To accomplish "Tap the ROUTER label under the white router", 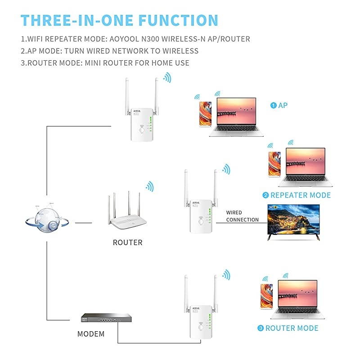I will pos(127,243).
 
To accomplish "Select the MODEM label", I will pos(91,334).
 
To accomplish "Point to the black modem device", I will pos(99,318).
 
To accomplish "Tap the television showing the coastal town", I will pos(293,221).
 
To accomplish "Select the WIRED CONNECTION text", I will pos(242,216).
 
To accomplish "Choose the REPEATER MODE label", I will pos(297,195).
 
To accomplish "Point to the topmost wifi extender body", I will pos(141,124).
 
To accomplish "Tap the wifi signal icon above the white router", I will pos(149,186).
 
